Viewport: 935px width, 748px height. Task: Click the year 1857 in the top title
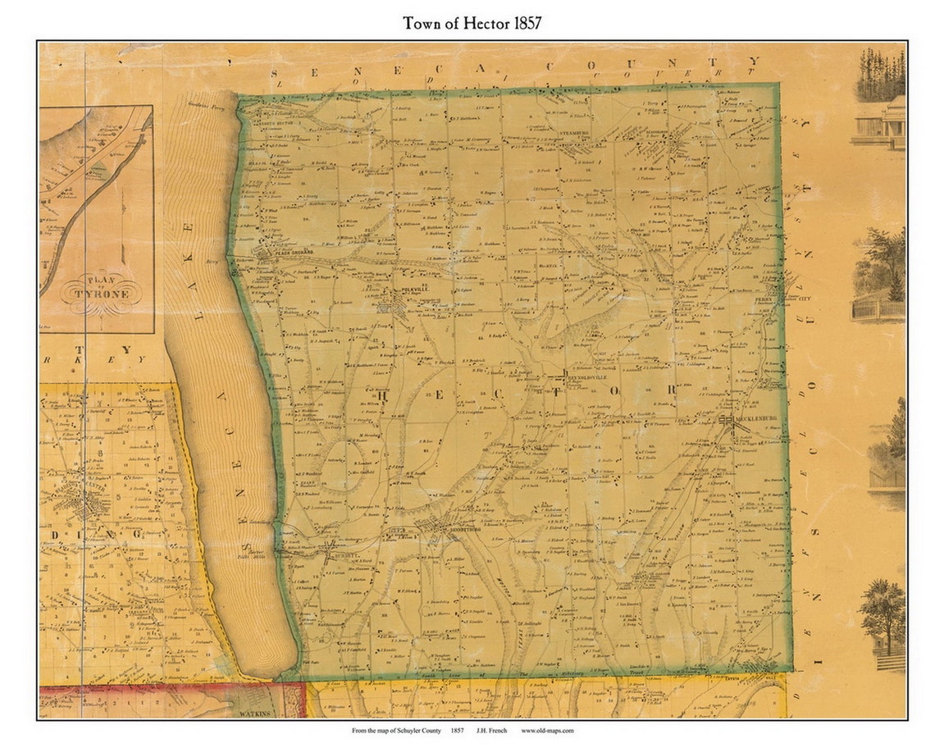(523, 23)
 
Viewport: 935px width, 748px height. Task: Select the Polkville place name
(403, 293)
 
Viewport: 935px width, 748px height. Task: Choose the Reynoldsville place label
(586, 378)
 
